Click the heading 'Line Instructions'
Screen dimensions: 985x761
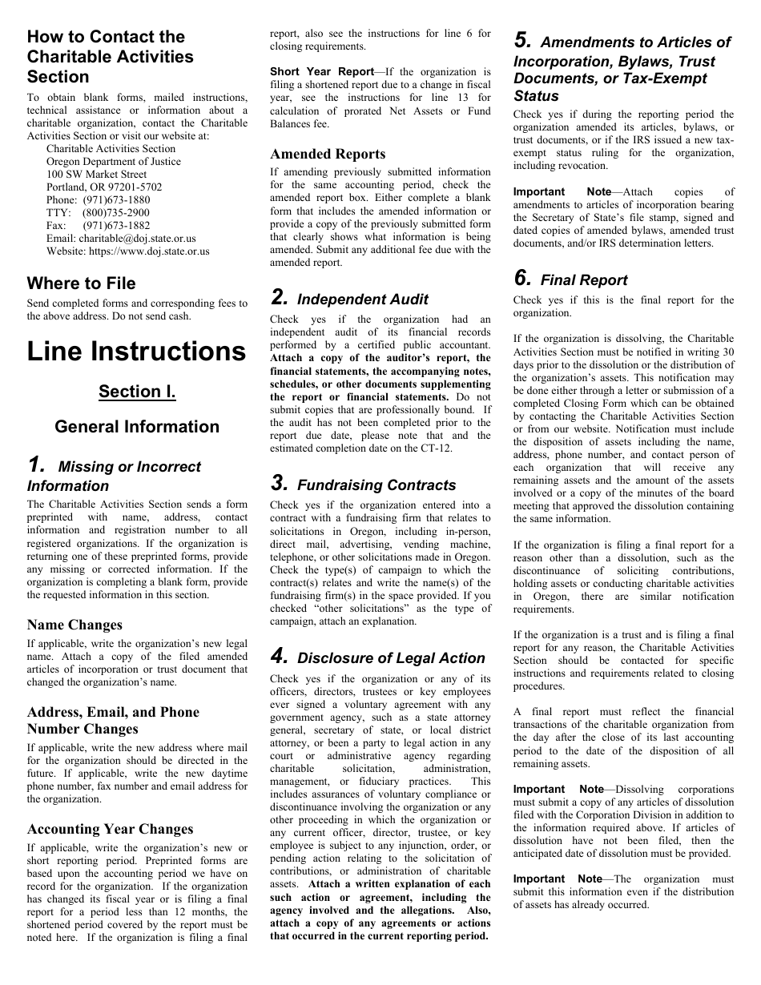136,352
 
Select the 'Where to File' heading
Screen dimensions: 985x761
81,283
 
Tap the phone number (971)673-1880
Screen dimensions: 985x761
116,200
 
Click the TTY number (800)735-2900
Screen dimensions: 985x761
116,213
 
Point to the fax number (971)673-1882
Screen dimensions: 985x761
116,226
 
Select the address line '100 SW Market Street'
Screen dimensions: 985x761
96,175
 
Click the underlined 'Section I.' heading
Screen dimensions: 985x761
137,392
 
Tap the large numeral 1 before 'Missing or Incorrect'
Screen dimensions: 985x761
35,465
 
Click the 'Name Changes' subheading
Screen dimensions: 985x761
74,625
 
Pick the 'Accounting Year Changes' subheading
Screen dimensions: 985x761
110,830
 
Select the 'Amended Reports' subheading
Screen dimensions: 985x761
328,155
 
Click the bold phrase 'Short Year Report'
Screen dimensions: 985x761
310,72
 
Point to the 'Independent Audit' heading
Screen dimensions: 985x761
362,300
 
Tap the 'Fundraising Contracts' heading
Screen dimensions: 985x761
376,485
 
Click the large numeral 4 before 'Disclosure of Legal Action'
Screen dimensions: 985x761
278,657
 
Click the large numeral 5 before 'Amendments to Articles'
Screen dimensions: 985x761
521,41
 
